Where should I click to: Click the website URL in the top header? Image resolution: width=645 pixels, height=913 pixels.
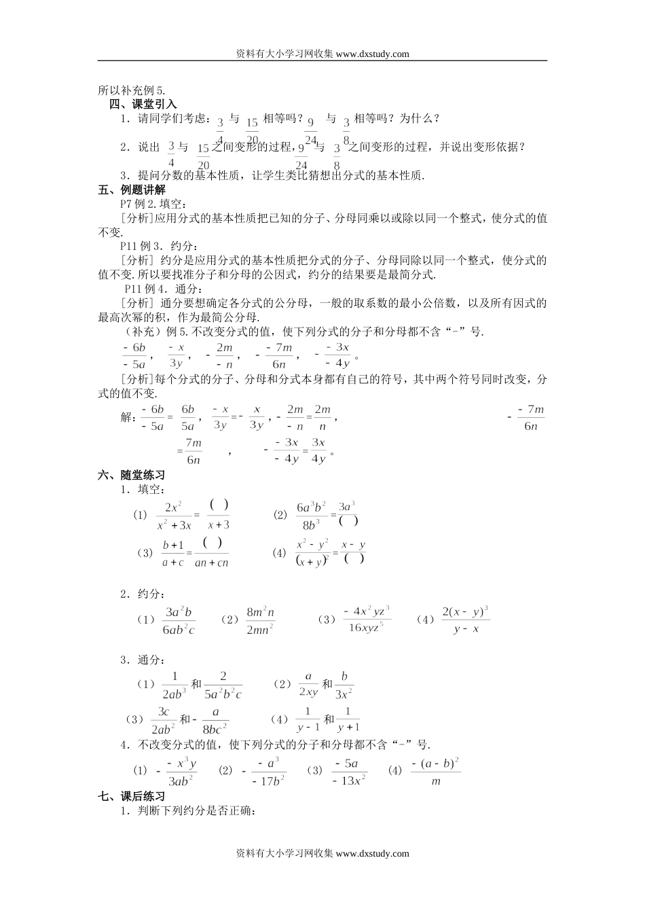point(372,54)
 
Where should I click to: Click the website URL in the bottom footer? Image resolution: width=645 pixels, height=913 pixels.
point(372,854)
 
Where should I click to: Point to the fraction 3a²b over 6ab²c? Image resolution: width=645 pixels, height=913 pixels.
point(179,621)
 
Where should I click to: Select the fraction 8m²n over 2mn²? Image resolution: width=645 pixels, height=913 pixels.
point(260,621)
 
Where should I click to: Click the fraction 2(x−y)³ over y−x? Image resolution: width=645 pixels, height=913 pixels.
point(465,620)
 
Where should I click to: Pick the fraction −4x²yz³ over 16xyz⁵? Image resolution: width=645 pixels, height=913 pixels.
point(366,620)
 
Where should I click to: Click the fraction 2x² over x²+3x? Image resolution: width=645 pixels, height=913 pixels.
point(174,516)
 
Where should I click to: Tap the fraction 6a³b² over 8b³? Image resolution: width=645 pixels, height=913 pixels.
point(312,516)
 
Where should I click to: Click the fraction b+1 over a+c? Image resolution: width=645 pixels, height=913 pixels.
point(172,554)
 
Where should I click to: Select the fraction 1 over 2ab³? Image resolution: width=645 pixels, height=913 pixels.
point(174,685)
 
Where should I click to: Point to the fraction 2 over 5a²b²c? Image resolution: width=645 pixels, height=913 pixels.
point(222,685)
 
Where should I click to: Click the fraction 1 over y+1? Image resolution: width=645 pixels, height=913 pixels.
point(348,719)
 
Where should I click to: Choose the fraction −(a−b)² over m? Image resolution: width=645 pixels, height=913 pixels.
point(435,772)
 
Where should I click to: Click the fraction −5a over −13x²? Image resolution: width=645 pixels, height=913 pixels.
point(349,772)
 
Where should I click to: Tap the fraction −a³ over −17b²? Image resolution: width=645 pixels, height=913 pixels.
point(268,772)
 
